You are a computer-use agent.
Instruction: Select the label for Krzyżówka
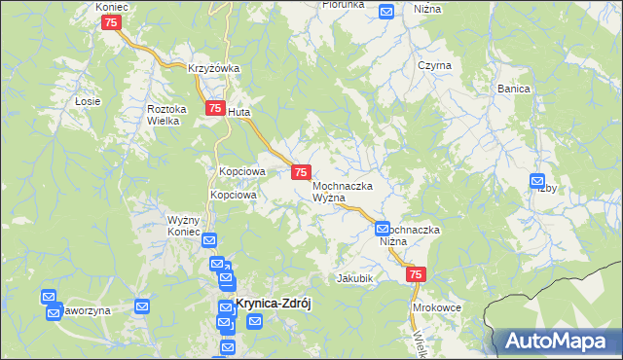tap(214, 68)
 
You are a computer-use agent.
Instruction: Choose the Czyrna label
tap(434, 65)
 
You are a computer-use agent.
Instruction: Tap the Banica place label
tap(513, 89)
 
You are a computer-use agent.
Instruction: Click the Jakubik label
tap(355, 278)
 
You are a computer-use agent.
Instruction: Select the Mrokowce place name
tap(436, 306)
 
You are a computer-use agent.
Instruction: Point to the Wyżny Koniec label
tap(183, 226)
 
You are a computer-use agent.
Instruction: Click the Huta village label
tap(238, 112)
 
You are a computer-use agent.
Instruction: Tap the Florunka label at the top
tap(344, 5)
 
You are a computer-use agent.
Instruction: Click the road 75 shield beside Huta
tap(213, 110)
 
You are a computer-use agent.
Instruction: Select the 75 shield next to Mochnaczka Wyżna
tap(301, 172)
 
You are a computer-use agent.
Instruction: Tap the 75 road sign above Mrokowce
tap(416, 276)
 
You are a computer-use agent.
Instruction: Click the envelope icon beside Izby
tap(537, 180)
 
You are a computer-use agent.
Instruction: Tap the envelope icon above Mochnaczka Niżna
tap(383, 229)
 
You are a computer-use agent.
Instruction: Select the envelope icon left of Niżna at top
tap(385, 12)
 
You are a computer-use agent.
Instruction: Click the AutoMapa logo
tap(560, 342)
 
